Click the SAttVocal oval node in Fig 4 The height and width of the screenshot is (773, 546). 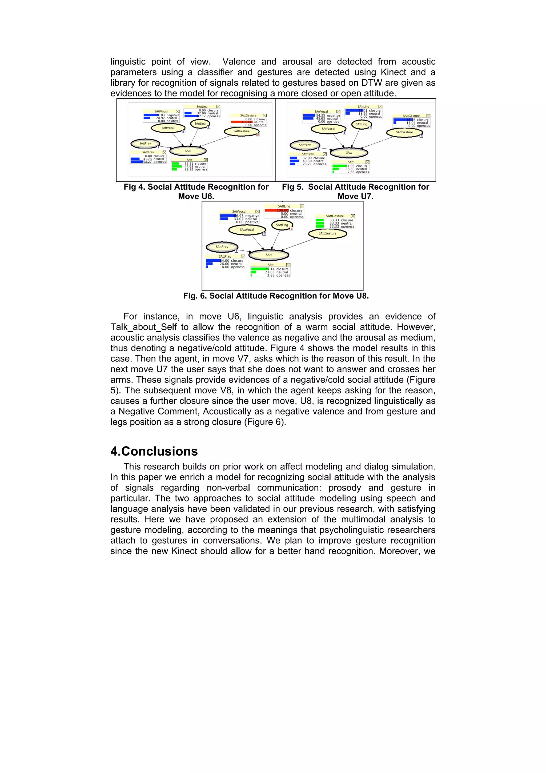click(x=168, y=128)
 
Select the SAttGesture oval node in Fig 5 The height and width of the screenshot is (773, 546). click(x=404, y=132)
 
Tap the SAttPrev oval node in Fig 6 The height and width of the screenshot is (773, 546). click(x=222, y=247)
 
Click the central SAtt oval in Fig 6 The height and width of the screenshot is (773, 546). click(x=268, y=255)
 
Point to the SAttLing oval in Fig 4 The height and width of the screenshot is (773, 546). click(x=200, y=123)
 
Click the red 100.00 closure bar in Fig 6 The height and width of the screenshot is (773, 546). click(x=276, y=210)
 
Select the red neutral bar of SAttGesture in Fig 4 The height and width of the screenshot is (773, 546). click(x=242, y=122)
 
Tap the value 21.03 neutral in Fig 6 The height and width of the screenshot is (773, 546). click(x=276, y=272)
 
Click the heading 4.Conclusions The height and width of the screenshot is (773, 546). click(x=154, y=451)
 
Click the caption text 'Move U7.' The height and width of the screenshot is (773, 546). click(x=355, y=196)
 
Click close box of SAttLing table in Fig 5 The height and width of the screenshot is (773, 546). click(x=380, y=107)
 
